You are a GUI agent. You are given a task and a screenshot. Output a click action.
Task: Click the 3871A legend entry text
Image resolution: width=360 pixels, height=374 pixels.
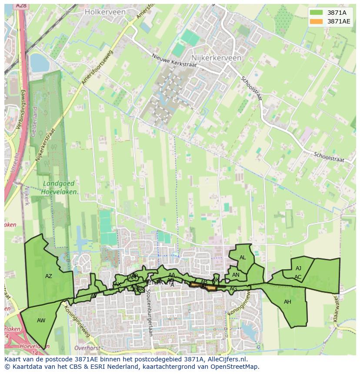(x=337, y=13)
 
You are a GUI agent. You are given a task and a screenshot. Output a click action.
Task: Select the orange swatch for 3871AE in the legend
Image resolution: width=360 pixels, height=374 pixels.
(x=317, y=21)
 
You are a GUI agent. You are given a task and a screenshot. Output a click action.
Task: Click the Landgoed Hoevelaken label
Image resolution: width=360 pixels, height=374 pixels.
(x=60, y=187)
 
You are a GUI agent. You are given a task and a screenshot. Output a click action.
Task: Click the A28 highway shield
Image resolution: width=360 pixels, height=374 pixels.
(x=20, y=6)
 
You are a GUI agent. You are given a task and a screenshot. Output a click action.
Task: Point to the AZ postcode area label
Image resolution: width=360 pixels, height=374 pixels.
(x=49, y=276)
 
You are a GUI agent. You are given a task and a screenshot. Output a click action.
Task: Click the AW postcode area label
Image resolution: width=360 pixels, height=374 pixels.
(x=41, y=321)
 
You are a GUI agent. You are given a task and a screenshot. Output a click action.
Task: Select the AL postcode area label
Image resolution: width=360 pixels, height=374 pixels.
(x=243, y=257)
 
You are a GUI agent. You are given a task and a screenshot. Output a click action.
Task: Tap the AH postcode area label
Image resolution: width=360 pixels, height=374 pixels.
(x=287, y=301)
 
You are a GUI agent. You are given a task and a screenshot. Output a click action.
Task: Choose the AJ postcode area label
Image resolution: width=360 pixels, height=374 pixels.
(x=298, y=268)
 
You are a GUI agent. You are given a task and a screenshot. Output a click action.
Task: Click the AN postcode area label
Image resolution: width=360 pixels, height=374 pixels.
(x=236, y=275)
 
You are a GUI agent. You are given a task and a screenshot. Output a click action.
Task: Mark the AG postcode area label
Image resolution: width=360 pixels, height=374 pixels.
(x=233, y=289)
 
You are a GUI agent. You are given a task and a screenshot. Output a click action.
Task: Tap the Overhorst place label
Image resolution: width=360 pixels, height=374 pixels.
(x=87, y=348)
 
